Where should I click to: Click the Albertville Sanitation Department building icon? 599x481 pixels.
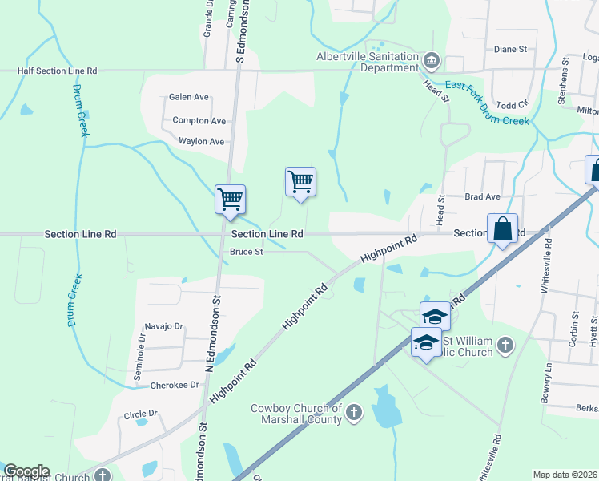click(x=432, y=60)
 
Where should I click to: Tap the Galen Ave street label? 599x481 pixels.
click(x=189, y=97)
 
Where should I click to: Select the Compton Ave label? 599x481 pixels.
click(x=199, y=121)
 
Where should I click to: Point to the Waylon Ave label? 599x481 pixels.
click(x=201, y=141)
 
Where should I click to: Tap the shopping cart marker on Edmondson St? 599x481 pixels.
click(x=230, y=198)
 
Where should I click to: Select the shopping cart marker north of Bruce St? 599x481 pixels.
click(x=300, y=181)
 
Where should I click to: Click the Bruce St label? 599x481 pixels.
click(x=247, y=252)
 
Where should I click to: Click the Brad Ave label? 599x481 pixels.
click(x=482, y=196)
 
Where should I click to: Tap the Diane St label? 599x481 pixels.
click(x=510, y=49)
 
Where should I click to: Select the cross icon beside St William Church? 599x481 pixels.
click(x=505, y=346)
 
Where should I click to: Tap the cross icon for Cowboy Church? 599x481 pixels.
click(x=355, y=414)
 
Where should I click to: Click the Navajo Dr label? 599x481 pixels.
click(x=164, y=326)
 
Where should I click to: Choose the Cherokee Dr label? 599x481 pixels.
click(x=174, y=385)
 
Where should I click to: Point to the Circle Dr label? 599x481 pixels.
click(x=141, y=414)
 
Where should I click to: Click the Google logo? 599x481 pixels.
click(x=26, y=471)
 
